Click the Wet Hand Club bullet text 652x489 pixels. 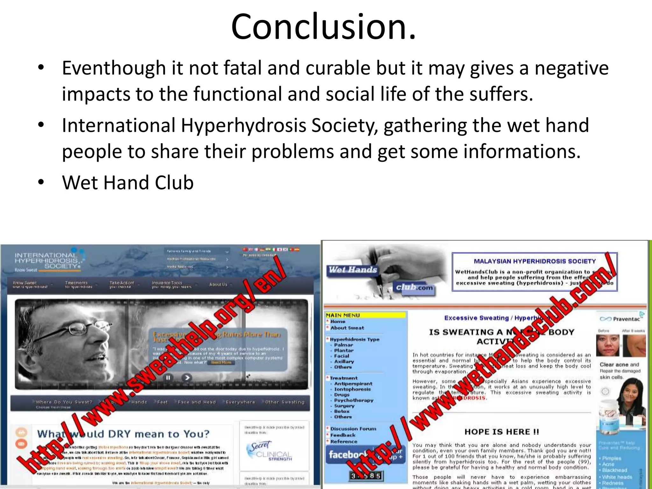point(128,183)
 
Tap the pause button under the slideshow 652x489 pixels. point(168,378)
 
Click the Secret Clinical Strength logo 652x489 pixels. point(269,451)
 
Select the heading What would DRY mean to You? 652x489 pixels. point(124,434)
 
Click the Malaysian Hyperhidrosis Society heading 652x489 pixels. point(535,261)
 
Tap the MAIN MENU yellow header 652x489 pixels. point(365,315)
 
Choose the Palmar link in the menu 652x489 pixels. point(344,345)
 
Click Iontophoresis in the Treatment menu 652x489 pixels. point(352,389)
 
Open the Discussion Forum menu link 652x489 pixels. point(353,429)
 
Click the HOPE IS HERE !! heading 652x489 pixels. point(502,432)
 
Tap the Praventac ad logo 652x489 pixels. point(620,319)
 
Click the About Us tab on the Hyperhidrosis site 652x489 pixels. point(218,284)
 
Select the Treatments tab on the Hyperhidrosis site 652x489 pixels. point(76,283)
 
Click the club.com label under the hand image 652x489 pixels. point(414,287)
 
